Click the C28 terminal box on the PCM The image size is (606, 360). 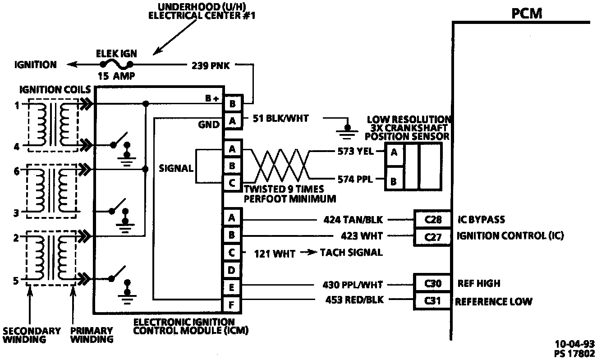[x=432, y=220]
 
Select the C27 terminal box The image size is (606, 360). [x=432, y=236]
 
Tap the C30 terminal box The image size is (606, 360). [x=432, y=284]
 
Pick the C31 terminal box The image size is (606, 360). [x=432, y=300]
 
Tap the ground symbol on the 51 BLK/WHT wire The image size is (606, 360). [x=347, y=130]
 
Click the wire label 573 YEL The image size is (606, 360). [x=355, y=152]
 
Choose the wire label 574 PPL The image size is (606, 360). [x=355, y=180]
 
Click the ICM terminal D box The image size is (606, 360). [x=232, y=270]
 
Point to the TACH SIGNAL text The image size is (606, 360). [x=351, y=253]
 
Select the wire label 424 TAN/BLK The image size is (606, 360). [x=353, y=220]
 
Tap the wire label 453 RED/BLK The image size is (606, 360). [x=354, y=300]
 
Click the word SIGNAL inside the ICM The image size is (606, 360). [x=176, y=169]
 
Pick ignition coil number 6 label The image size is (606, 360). [x=16, y=171]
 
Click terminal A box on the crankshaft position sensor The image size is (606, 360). [x=394, y=152]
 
